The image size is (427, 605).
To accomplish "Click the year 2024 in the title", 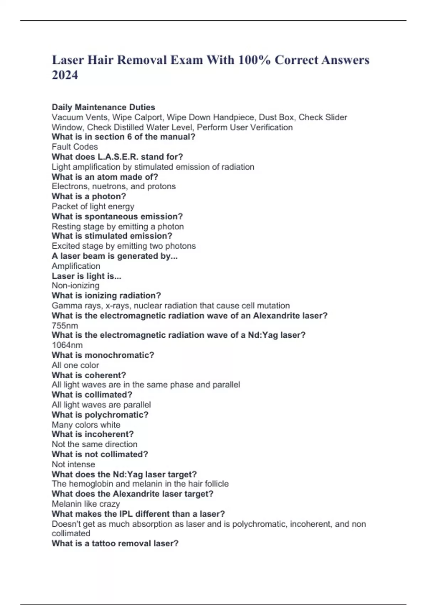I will pos(65,75).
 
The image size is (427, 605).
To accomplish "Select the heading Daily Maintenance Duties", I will pos(104,107).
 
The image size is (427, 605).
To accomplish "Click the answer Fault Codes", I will pos(75,147).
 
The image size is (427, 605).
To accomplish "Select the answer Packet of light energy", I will pos(93,206).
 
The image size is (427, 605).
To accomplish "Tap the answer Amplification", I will pos(76,266).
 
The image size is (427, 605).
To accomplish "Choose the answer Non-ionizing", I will pos(75,285).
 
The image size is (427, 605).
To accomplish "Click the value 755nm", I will pos(65,325).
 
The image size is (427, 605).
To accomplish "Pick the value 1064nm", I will pos(67,345).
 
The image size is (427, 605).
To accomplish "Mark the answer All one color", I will pos(75,365).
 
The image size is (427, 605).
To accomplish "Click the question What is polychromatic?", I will pos(100,415).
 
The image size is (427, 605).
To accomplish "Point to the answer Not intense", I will pos(73,464).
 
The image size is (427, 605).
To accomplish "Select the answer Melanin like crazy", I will pos(86,504).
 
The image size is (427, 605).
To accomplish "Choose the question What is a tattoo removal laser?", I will pos(115,543).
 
